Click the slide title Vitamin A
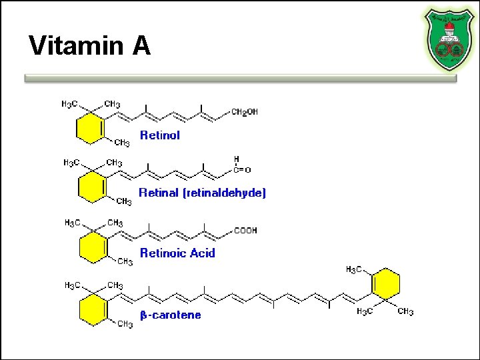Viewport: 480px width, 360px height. [90, 47]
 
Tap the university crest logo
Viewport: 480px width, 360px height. [447, 39]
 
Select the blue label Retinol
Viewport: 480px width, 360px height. [160, 135]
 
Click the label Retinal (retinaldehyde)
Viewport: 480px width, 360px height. [202, 193]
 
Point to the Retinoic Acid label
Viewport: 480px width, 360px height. [177, 253]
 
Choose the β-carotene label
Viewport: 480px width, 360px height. [170, 315]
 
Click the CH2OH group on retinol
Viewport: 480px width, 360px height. [244, 112]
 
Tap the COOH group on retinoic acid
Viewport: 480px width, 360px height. [245, 231]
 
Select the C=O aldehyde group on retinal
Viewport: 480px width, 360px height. [241, 170]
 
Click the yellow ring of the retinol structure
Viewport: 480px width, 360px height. [89, 128]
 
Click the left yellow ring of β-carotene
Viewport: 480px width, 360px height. [92, 309]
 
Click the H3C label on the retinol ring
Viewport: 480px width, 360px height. [69, 104]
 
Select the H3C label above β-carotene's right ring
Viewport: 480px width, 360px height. [354, 269]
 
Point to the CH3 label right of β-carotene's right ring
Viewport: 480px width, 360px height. [405, 311]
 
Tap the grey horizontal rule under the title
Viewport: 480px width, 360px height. [240, 78]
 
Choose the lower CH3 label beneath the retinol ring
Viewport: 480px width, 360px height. [121, 143]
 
